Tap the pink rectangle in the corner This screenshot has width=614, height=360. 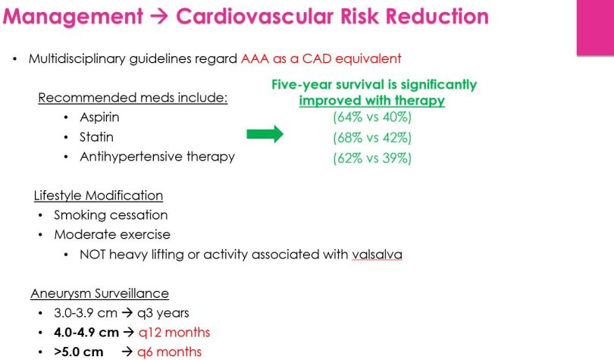(595, 28)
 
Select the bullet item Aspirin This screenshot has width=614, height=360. (99, 117)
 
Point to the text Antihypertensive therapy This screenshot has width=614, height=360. (157, 157)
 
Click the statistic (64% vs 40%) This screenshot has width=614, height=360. (371, 117)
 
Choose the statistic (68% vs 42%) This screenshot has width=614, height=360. (371, 137)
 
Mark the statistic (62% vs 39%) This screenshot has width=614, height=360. (371, 158)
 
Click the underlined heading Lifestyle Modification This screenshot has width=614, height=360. (99, 196)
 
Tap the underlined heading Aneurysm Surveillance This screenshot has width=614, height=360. (99, 293)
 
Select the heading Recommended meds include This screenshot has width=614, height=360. (133, 98)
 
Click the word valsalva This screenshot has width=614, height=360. (377, 255)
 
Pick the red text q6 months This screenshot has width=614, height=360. (169, 352)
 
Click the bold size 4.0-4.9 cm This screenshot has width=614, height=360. (87, 332)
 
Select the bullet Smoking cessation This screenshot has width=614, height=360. (111, 215)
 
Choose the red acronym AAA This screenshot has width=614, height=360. (255, 58)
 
